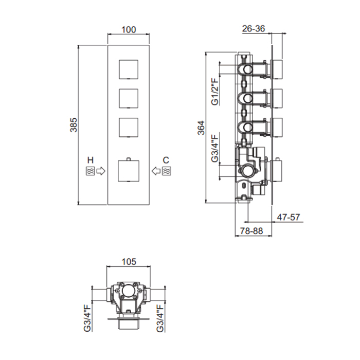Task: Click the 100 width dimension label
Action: [x=129, y=30]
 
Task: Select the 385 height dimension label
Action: [x=74, y=125]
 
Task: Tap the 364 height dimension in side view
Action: [x=201, y=128]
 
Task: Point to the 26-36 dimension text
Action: [x=254, y=29]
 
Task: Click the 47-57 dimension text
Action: [x=289, y=217]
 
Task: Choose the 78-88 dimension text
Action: [x=251, y=231]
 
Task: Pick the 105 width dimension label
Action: [x=129, y=261]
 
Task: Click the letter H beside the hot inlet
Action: [x=91, y=160]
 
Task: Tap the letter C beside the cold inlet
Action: [x=166, y=160]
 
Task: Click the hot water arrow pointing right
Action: [x=101, y=171]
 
